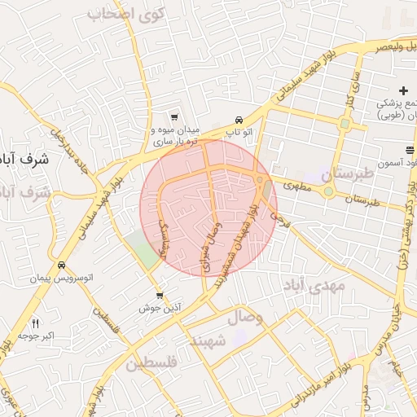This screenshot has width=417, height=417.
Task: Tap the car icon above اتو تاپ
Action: tap(239, 118)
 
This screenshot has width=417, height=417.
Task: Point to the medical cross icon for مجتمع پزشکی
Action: tap(403, 90)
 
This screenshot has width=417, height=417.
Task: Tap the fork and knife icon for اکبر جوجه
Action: tap(35, 324)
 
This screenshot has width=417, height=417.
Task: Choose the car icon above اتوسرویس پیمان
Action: tap(62, 266)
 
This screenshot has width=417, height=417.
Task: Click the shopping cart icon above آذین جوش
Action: tap(160, 296)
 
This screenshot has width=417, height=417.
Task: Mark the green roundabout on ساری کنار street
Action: tap(345, 125)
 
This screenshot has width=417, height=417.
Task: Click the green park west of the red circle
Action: tap(145, 249)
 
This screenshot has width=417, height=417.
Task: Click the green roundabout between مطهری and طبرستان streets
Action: tap(328, 192)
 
